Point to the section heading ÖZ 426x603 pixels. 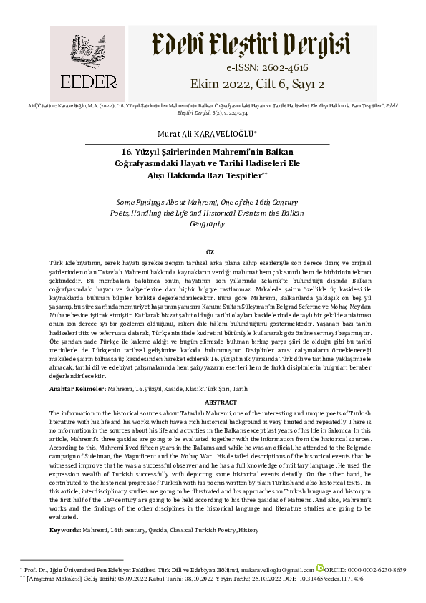point(210,253)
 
